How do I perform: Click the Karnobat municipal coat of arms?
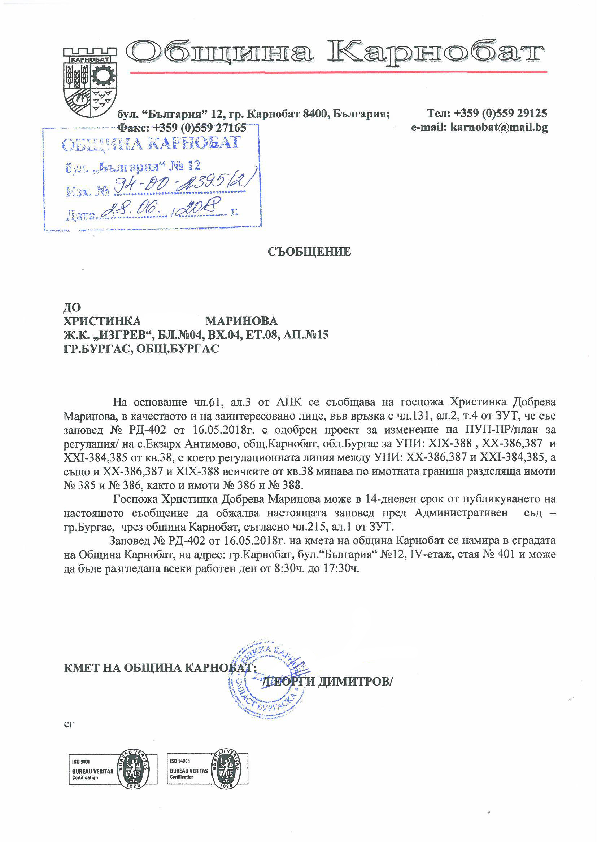90,81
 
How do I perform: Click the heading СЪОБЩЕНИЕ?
309,252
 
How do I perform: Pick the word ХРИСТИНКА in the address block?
102,321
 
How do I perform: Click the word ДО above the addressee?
72,307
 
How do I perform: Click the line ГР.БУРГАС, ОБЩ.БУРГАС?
141,349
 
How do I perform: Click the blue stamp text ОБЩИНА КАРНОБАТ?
151,143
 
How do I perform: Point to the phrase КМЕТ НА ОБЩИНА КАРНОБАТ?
160,667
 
